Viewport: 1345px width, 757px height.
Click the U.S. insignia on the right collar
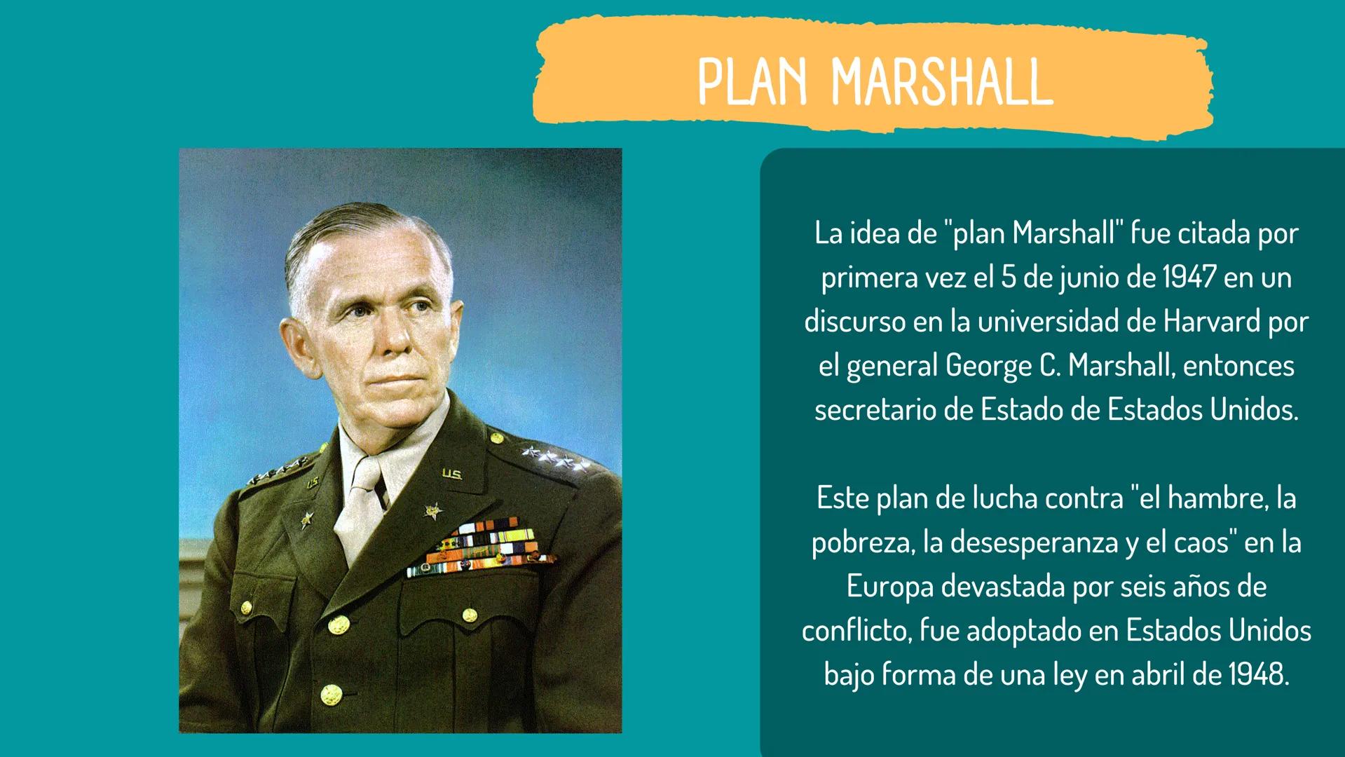(x=451, y=475)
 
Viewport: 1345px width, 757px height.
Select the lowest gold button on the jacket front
(x=330, y=696)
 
